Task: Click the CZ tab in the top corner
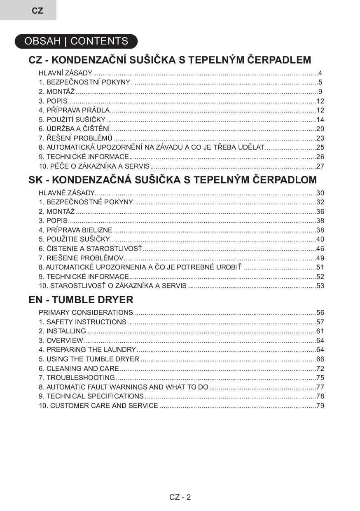tap(37, 11)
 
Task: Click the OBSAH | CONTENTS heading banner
tap(76, 41)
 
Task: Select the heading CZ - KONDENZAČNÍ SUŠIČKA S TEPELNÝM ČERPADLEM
tap(170, 60)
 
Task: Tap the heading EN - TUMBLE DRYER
tap(81, 300)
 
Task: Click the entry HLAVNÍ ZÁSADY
tap(65, 73)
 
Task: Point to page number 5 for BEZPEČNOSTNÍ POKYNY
tap(320, 82)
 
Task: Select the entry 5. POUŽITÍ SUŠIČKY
tap(72, 120)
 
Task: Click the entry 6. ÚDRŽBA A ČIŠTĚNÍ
tap(74, 129)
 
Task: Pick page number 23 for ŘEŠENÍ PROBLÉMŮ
tap(320, 138)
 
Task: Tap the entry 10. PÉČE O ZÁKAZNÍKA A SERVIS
tap(94, 166)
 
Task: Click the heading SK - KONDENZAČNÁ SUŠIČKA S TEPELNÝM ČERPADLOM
tap(173, 180)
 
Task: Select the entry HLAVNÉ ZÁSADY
tap(66, 193)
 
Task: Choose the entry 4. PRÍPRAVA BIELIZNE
tap(75, 230)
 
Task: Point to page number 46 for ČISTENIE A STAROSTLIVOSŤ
tap(320, 249)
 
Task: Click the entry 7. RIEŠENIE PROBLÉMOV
tap(81, 258)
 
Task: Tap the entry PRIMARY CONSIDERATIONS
tap(86, 313)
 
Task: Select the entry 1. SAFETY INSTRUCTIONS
tap(82, 322)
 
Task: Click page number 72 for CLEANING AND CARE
tap(320, 368)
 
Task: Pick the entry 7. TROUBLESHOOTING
tap(77, 378)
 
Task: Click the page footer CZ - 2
tap(180, 497)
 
